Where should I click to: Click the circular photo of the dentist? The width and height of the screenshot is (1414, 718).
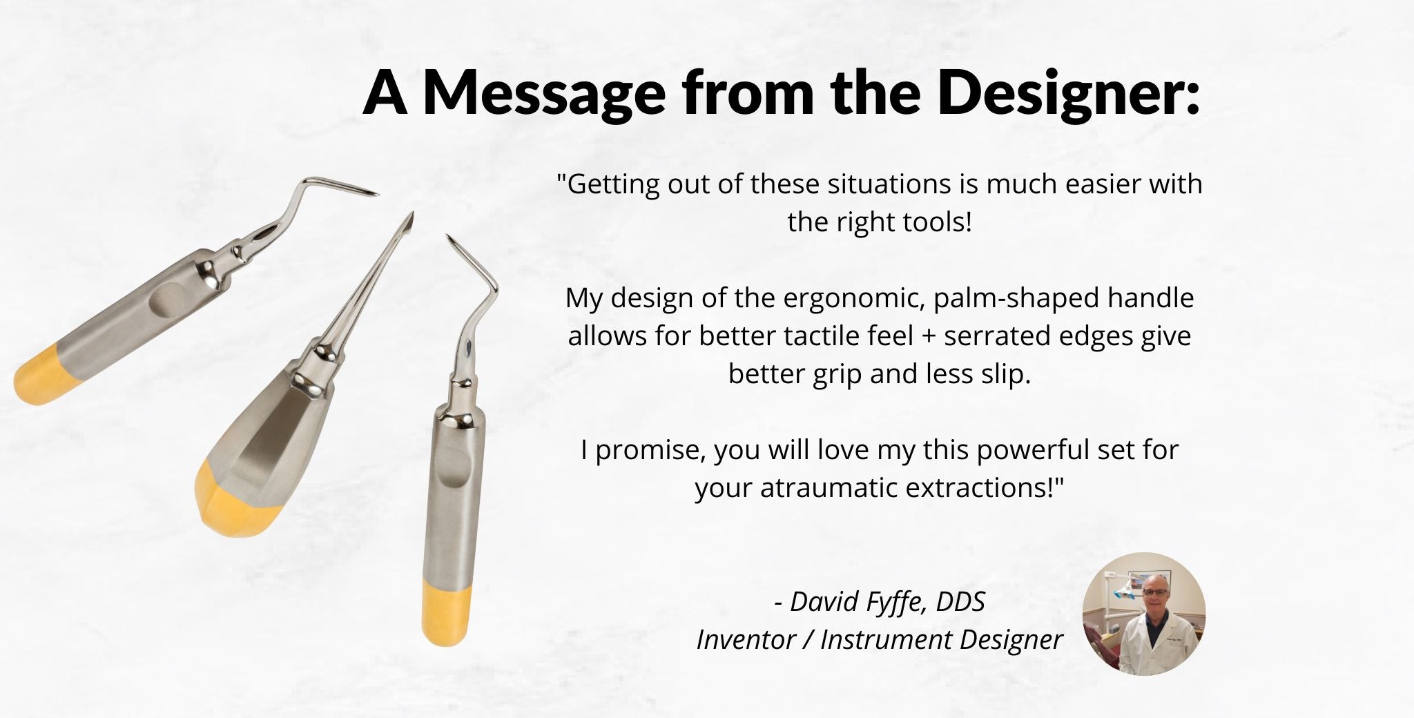pyautogui.click(x=1144, y=614)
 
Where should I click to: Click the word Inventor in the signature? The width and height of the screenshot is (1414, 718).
pyautogui.click(x=746, y=640)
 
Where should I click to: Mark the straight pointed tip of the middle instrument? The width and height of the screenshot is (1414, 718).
pyautogui.click(x=409, y=220)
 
